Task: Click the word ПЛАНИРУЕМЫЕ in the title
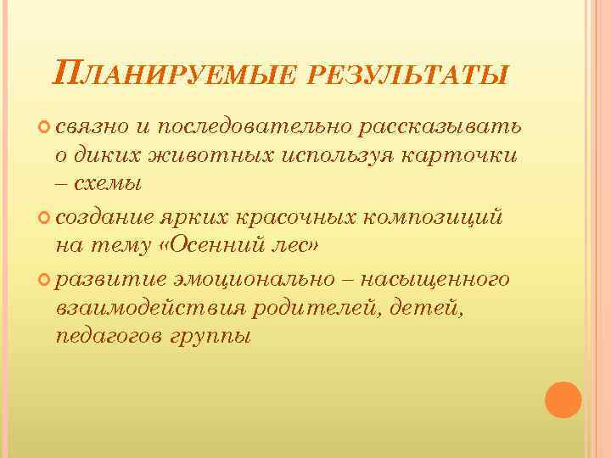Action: coord(170,73)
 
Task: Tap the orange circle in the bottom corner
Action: coord(563,398)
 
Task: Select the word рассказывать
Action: coord(441,127)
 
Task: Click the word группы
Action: coord(212,336)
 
